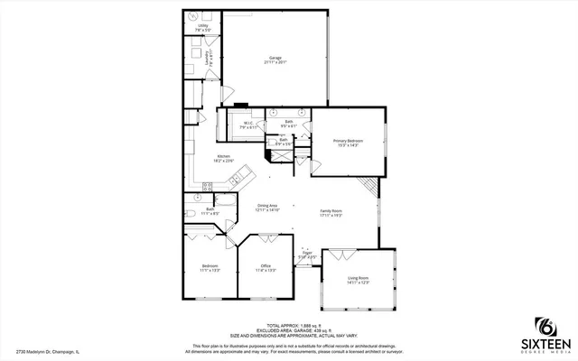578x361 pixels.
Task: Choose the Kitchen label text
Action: (x=225, y=159)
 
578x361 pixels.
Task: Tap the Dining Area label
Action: (x=268, y=208)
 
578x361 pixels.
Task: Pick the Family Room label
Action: (x=332, y=214)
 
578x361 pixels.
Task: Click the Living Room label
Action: (x=359, y=282)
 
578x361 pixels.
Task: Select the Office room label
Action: (x=266, y=267)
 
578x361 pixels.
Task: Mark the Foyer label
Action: (x=308, y=255)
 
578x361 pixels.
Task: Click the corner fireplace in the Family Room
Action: (x=368, y=187)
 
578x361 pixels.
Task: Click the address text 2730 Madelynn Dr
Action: (x=47, y=351)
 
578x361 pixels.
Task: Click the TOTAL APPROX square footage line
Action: (x=288, y=325)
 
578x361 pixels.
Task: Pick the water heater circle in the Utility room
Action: (x=192, y=16)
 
